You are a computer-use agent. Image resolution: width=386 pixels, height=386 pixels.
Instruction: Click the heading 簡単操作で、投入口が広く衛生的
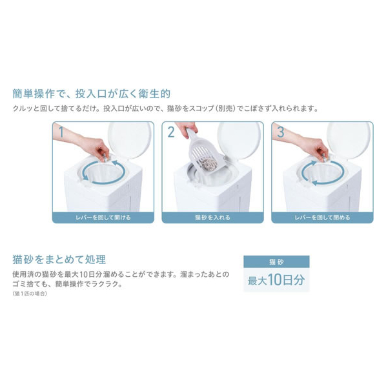tap(91, 94)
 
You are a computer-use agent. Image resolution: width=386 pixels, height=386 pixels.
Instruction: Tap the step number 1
tap(61, 132)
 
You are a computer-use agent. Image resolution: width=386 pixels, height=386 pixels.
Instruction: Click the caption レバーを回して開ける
tap(103, 218)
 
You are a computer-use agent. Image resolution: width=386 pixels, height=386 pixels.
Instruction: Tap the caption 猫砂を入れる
tap(213, 218)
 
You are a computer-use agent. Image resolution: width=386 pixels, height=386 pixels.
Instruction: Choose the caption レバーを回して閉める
tap(322, 218)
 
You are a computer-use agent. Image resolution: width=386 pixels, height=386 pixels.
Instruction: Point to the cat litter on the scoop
tap(209, 165)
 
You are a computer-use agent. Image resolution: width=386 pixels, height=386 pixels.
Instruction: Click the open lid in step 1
tap(130, 140)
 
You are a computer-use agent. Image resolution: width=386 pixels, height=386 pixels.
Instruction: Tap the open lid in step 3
tap(349, 140)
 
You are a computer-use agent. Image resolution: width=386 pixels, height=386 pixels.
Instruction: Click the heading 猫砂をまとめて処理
tap(59, 259)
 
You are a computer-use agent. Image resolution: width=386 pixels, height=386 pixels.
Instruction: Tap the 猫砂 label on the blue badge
tap(276, 262)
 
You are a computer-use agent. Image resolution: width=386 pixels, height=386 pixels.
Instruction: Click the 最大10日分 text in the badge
tap(276, 280)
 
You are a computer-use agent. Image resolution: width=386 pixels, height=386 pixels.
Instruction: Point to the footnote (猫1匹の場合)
tap(30, 294)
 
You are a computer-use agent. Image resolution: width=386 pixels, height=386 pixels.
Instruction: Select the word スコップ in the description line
tap(201, 108)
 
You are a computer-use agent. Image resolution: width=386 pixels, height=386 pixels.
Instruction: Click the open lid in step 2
tap(239, 140)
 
